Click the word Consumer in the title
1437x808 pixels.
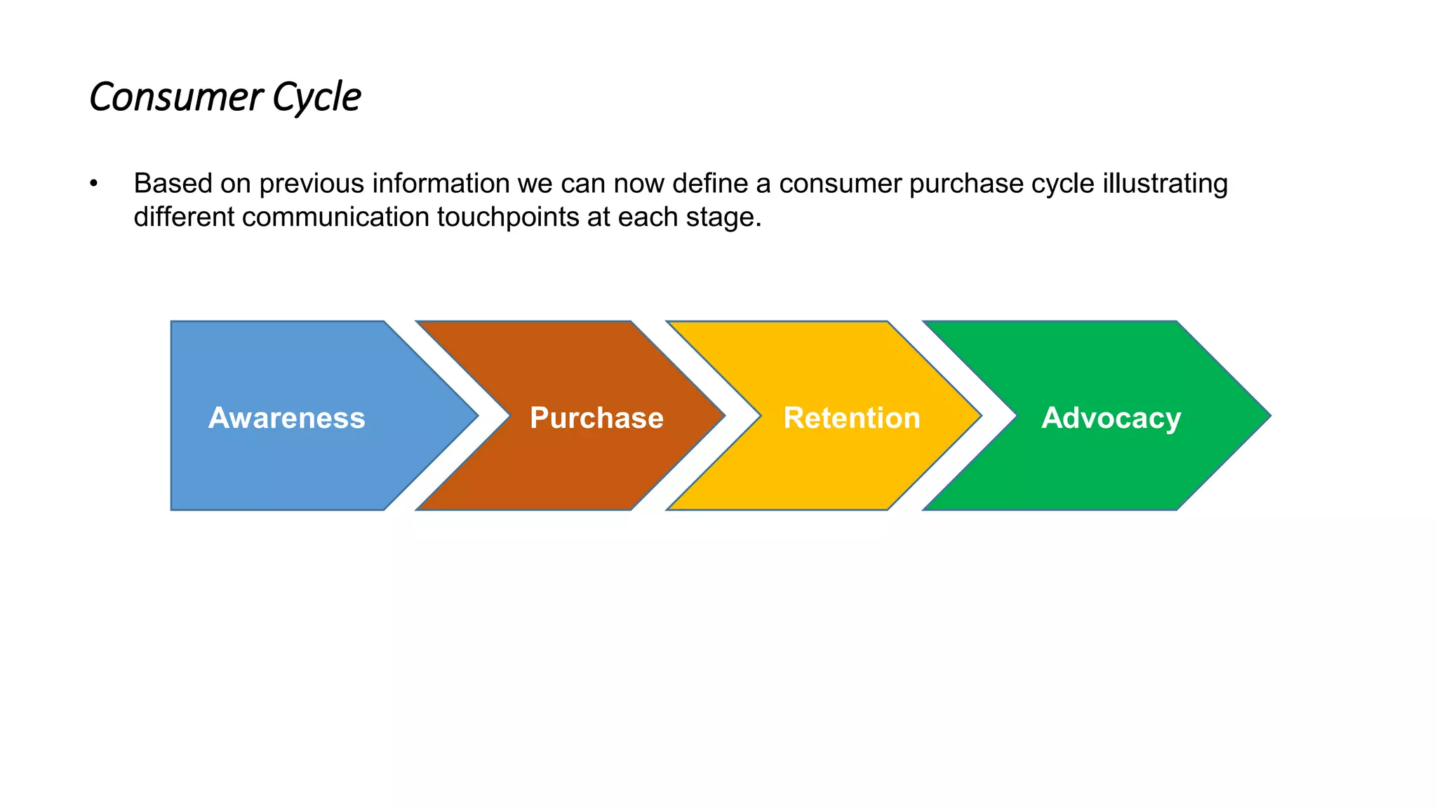175,97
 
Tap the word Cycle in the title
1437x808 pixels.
316,97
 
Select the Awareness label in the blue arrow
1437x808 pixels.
286,418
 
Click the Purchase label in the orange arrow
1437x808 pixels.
596,418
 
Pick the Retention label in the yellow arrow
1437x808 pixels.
851,418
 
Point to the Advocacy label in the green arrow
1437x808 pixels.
1111,418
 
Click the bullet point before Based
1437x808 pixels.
93,184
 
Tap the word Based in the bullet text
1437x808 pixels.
173,184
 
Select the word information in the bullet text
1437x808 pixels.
441,184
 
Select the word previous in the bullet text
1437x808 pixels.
312,184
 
